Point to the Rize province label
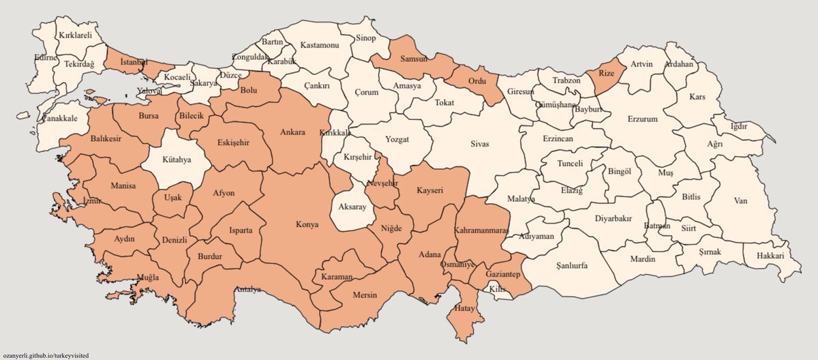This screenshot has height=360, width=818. tap(607, 73)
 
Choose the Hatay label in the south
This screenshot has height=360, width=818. tap(466, 309)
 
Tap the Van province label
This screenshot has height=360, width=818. tap(740, 200)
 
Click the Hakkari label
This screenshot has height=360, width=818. tap(770, 256)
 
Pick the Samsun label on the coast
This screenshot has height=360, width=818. tap(413, 59)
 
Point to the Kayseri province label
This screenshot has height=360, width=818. tap(429, 192)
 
